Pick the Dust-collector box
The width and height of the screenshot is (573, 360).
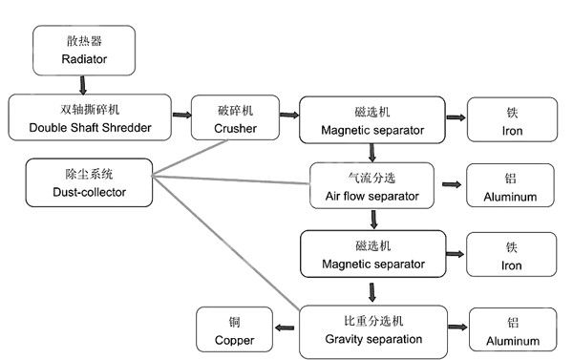[x=89, y=182]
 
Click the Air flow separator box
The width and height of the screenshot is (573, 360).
[x=372, y=185]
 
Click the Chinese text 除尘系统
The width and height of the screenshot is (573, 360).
[x=89, y=174]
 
